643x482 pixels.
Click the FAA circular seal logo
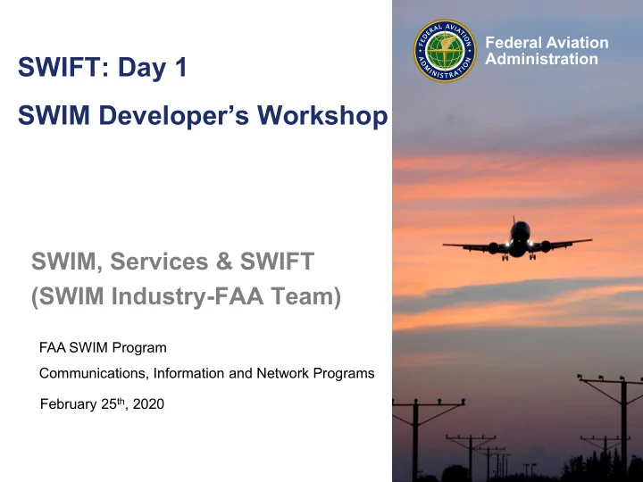pos(445,51)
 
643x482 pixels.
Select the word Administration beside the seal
pos(542,59)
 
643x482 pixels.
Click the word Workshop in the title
pos(322,115)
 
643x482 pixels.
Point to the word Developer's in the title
pos(174,116)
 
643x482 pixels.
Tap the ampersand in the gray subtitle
pos(224,262)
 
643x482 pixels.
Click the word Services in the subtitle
pos(159,262)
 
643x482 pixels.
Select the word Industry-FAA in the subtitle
pos(188,295)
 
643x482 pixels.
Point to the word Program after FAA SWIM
pos(139,348)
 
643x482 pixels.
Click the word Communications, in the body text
pos(95,374)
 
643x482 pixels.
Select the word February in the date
pos(69,404)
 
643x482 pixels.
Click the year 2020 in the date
pos(148,404)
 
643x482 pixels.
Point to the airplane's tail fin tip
pos(514,216)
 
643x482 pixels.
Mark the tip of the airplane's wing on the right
pos(591,240)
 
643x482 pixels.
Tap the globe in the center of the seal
pos(445,51)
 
